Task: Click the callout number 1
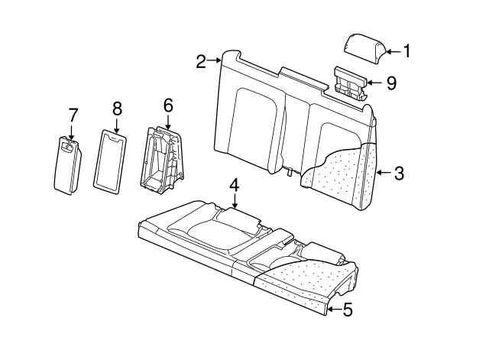pos(406,51)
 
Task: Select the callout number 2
pos(201,61)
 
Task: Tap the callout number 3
pos(399,174)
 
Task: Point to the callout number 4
pos(235,185)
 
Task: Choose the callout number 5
pos(347,310)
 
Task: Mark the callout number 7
pos(73,115)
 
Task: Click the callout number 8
pos(117,109)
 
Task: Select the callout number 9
pos(391,83)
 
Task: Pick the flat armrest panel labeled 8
pos(110,158)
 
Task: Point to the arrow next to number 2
pos(215,60)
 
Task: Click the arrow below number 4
pos(235,201)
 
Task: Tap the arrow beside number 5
pos(334,310)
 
